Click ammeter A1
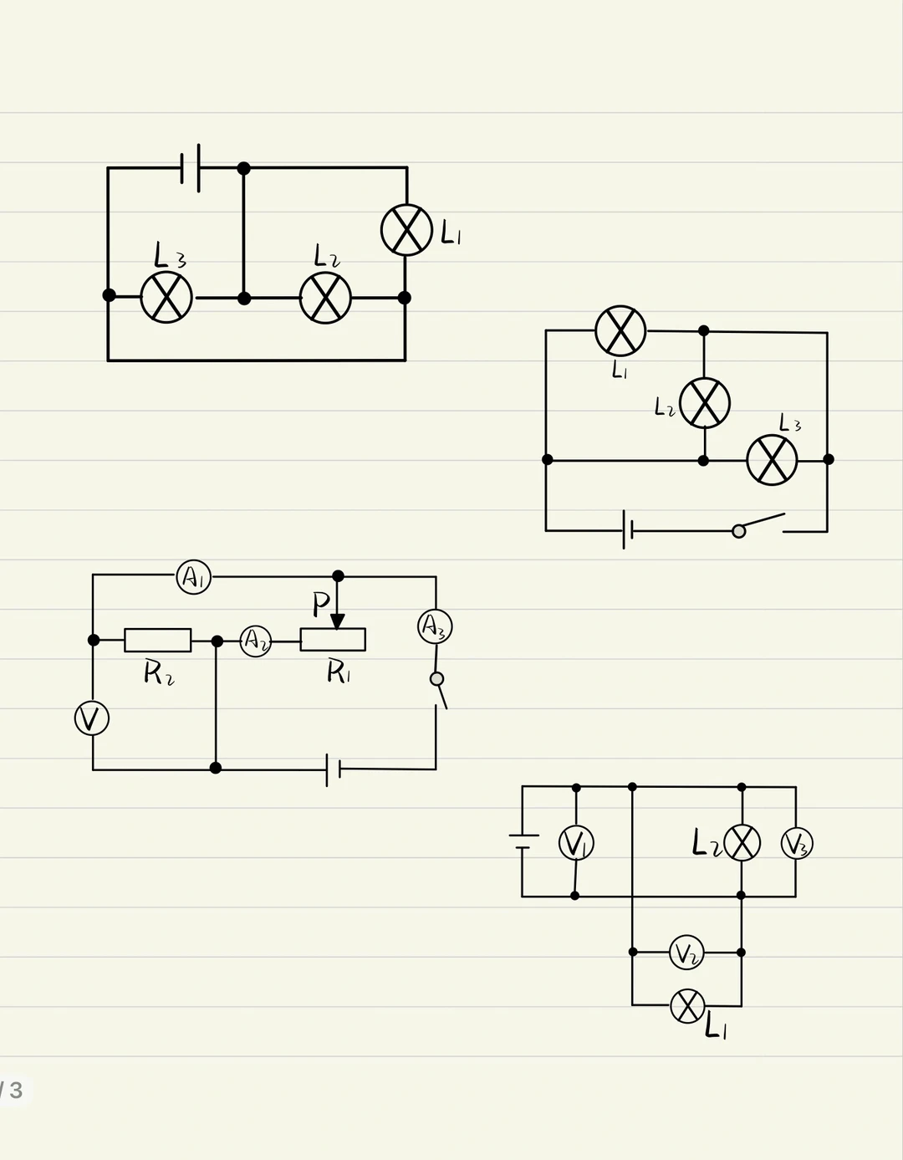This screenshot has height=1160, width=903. click(193, 577)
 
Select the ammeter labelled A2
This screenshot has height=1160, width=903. click(256, 641)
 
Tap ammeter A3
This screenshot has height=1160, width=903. click(435, 626)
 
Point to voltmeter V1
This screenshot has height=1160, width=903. click(576, 842)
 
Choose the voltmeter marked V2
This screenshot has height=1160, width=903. click(686, 953)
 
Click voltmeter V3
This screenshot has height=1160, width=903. click(796, 843)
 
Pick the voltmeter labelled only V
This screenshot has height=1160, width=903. click(92, 718)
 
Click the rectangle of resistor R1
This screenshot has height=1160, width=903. click(333, 640)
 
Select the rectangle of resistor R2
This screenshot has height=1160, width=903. click(157, 640)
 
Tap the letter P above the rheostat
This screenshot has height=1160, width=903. click(320, 603)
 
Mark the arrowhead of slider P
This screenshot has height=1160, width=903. click(337, 621)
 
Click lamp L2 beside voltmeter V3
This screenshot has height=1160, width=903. click(742, 842)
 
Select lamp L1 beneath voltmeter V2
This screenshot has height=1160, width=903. click(687, 1005)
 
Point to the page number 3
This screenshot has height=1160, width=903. click(16, 1090)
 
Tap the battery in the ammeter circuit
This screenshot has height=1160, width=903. click(333, 769)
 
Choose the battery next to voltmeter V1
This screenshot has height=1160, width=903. click(523, 841)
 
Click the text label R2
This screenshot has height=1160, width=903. click(159, 672)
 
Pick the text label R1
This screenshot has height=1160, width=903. click(338, 671)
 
